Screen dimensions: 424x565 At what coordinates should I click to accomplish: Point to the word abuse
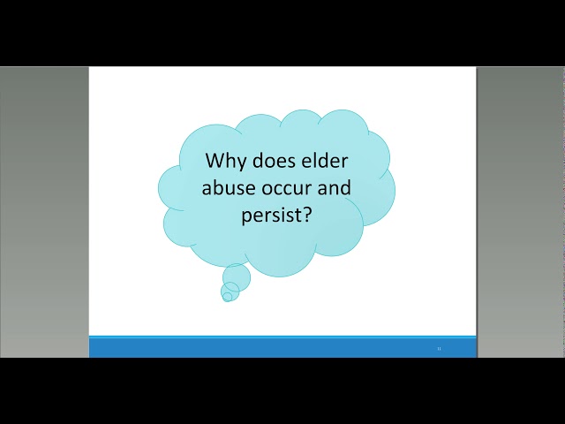coord(232,187)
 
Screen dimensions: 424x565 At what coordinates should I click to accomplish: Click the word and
coord(335,187)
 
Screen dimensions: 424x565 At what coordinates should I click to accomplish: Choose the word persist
coord(271,215)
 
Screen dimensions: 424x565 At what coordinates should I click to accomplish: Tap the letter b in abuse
coord(220,187)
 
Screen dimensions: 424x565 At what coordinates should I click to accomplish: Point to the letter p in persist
coord(246,216)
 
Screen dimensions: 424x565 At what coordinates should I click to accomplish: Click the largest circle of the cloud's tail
coord(237,277)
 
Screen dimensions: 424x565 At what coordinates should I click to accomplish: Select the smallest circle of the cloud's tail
coord(227,297)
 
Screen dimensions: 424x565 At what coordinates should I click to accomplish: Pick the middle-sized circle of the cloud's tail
coord(230,289)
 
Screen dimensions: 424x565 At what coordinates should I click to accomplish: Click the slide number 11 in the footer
coord(439,349)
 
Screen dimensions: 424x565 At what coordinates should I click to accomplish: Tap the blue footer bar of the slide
coord(282,347)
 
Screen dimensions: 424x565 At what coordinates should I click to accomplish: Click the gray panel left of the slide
coord(44,212)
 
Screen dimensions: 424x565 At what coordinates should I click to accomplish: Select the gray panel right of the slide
coord(521,212)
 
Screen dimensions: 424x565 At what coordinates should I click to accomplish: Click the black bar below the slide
coord(282,390)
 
